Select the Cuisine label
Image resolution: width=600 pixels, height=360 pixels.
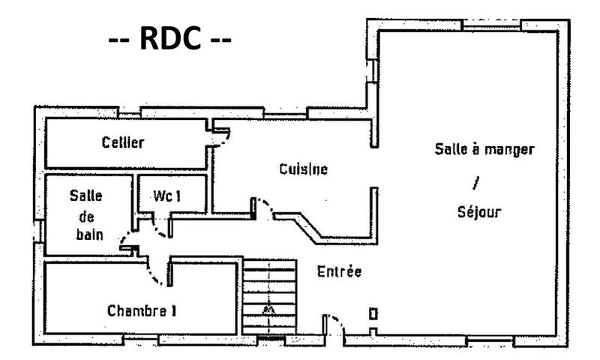(x=303, y=169)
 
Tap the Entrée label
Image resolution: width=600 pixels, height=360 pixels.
(x=339, y=271)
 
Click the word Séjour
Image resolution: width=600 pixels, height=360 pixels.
(x=478, y=211)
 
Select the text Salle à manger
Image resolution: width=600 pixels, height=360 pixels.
(x=484, y=148)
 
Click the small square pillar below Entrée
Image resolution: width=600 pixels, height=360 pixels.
(x=373, y=313)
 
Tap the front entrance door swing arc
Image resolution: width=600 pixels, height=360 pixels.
(x=334, y=324)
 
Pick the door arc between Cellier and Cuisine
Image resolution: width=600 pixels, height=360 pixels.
(x=220, y=137)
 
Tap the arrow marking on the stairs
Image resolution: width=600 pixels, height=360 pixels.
(x=268, y=309)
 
